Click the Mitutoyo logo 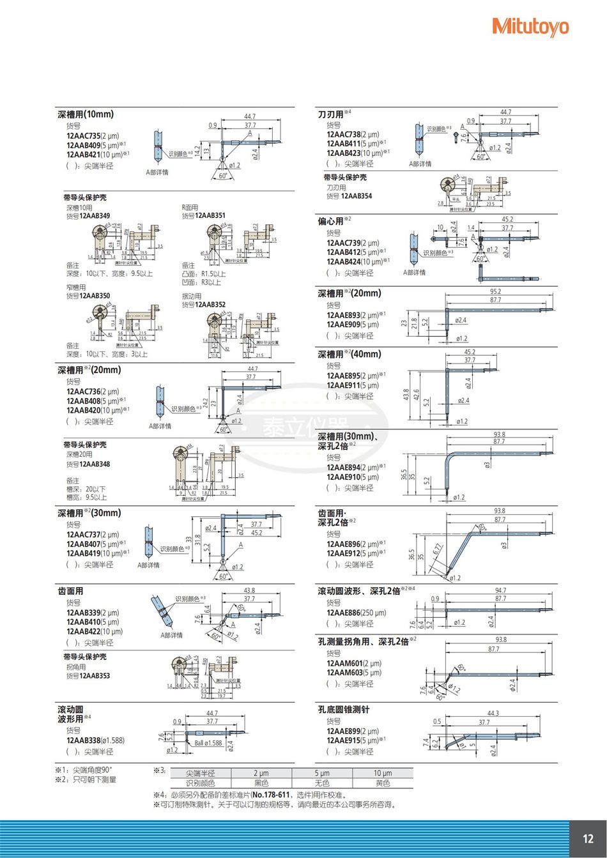coord(530,27)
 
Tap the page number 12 coord(588,839)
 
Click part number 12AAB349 coord(94,216)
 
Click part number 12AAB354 coord(357,196)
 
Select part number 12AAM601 coord(344,663)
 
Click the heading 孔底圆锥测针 coord(343,709)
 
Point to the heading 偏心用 coord(330,221)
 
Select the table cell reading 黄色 coord(382,783)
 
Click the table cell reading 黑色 coord(261,783)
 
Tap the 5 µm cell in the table coord(321,773)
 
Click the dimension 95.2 coord(495,291)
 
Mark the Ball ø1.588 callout coord(208,743)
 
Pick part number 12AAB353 coord(94,676)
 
